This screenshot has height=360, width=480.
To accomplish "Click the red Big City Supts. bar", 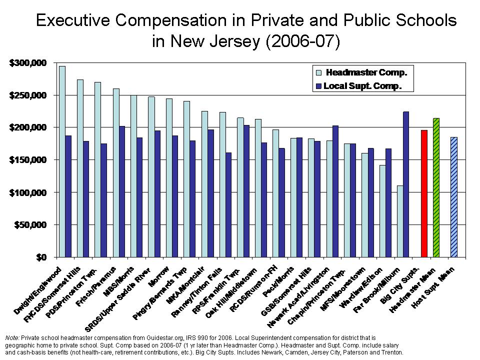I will [x=424, y=193].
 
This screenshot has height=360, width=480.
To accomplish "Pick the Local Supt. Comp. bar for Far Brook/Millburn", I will [x=406, y=184].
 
